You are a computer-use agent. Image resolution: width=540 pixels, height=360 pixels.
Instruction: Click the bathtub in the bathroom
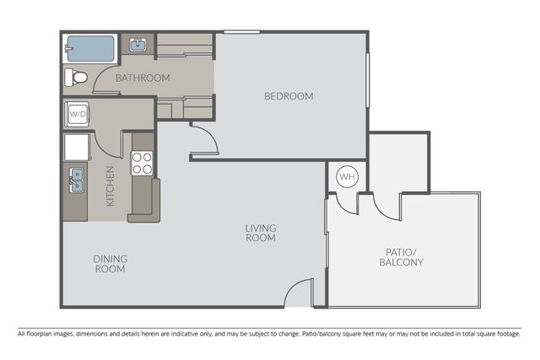[90, 49]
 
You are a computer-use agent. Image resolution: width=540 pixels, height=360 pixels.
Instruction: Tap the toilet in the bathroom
[76, 78]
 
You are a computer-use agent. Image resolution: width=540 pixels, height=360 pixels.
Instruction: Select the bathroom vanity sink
[138, 45]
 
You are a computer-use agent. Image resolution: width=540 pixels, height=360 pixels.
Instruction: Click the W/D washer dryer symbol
[77, 114]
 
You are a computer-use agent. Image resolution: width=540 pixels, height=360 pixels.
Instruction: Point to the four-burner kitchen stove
[143, 163]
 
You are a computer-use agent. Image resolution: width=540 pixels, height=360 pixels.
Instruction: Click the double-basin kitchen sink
[76, 180]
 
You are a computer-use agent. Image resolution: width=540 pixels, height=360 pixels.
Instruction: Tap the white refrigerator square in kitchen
[77, 148]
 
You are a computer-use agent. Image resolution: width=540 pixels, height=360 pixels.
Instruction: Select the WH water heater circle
[347, 176]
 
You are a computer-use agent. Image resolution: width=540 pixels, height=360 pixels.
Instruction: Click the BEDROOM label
[289, 96]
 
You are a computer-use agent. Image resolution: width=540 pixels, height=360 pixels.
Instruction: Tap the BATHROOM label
[143, 78]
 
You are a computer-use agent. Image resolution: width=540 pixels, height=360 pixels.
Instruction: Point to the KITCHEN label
[110, 186]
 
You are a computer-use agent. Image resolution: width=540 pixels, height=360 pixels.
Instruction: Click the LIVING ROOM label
[261, 233]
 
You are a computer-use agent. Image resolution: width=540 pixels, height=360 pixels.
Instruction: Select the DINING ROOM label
[111, 264]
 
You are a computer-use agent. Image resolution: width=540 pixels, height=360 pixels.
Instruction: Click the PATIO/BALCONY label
[402, 257]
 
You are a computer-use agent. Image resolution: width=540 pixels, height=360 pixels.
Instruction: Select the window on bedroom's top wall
[242, 32]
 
